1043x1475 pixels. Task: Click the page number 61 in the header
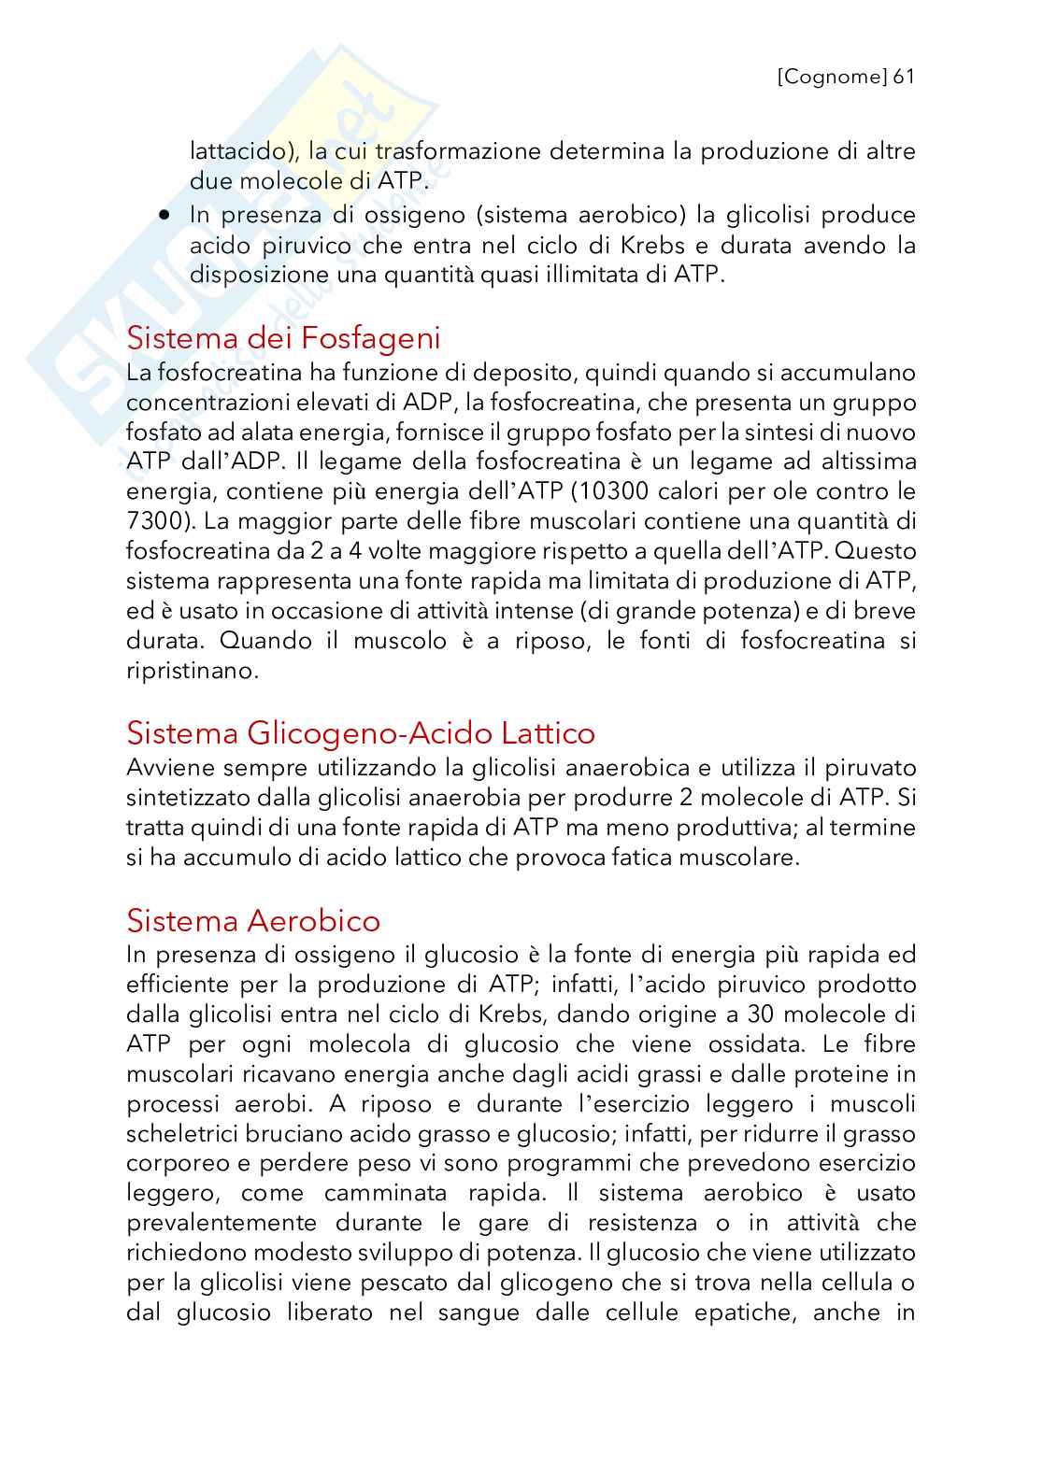tap(903, 77)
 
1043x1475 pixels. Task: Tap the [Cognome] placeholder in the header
tap(832, 77)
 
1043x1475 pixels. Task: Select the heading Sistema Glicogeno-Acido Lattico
tap(361, 733)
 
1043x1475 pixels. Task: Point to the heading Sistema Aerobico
tap(253, 921)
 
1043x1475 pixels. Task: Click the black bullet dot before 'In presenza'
tap(165, 215)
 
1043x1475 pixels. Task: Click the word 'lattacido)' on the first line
tap(238, 151)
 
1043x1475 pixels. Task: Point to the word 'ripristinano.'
tap(192, 671)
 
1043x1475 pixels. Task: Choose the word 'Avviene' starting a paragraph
tap(170, 768)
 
